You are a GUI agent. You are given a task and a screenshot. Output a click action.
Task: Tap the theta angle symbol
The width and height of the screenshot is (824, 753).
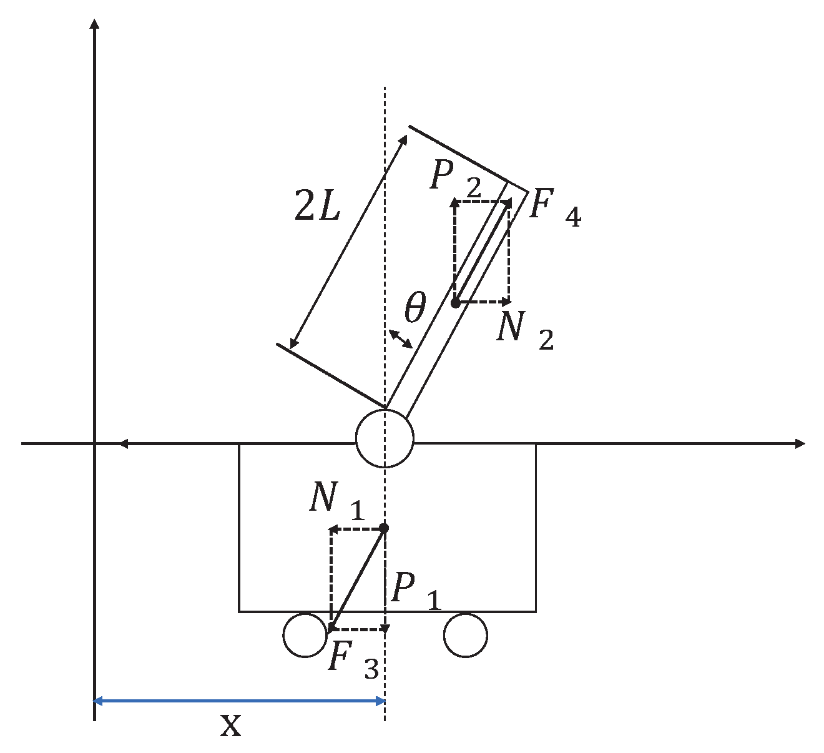click(414, 308)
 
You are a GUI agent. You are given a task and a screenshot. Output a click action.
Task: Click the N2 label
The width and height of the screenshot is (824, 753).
click(524, 330)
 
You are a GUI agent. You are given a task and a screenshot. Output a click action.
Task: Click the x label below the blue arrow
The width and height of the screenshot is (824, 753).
click(231, 726)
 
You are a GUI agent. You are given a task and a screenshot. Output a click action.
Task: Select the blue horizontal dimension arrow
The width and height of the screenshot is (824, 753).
click(239, 701)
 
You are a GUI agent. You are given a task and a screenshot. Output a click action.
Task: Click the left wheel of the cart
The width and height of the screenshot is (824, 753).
click(305, 635)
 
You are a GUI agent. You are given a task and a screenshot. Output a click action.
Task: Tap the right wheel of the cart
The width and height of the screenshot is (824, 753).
click(465, 635)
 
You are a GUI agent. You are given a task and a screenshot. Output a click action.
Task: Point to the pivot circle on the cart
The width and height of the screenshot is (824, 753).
click(385, 438)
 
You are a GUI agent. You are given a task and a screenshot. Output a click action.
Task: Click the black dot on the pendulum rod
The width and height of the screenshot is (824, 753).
click(455, 303)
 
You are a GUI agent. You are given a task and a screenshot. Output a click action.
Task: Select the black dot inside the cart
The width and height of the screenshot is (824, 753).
click(384, 528)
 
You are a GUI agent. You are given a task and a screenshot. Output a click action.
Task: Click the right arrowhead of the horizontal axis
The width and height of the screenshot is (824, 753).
click(800, 443)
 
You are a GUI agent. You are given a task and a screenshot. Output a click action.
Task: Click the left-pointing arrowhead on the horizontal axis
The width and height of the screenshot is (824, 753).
click(123, 443)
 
